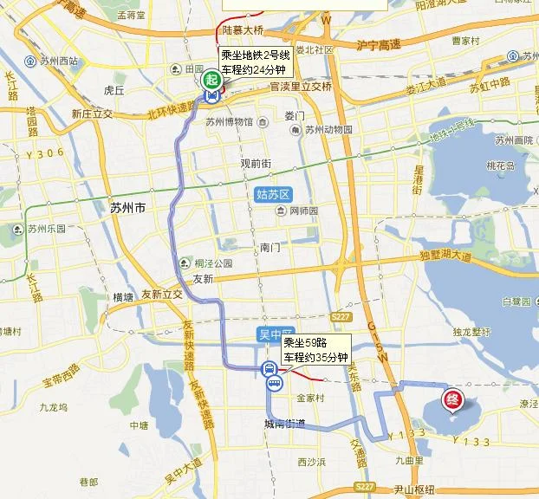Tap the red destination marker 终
tap(451, 399)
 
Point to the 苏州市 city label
tap(127, 208)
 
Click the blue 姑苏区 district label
tap(276, 195)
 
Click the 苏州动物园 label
tap(326, 130)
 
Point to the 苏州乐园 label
tap(45, 230)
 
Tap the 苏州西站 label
tap(58, 61)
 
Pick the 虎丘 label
tap(114, 89)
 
